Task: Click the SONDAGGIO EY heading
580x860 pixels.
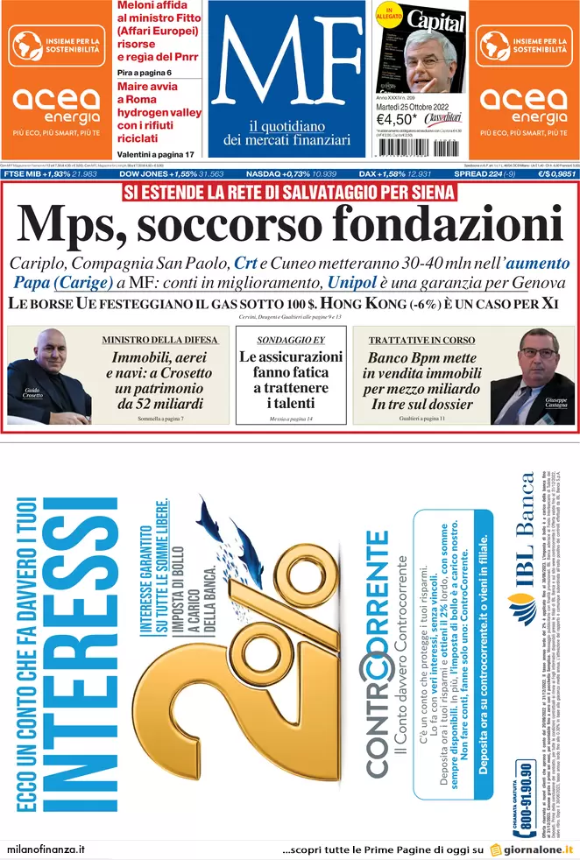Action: click(291, 339)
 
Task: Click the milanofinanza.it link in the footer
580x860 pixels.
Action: click(46, 849)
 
